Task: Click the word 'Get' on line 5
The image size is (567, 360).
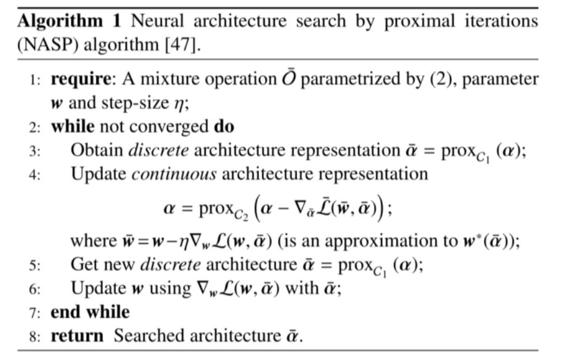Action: click(83, 265)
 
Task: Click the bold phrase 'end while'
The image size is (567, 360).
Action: click(90, 312)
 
